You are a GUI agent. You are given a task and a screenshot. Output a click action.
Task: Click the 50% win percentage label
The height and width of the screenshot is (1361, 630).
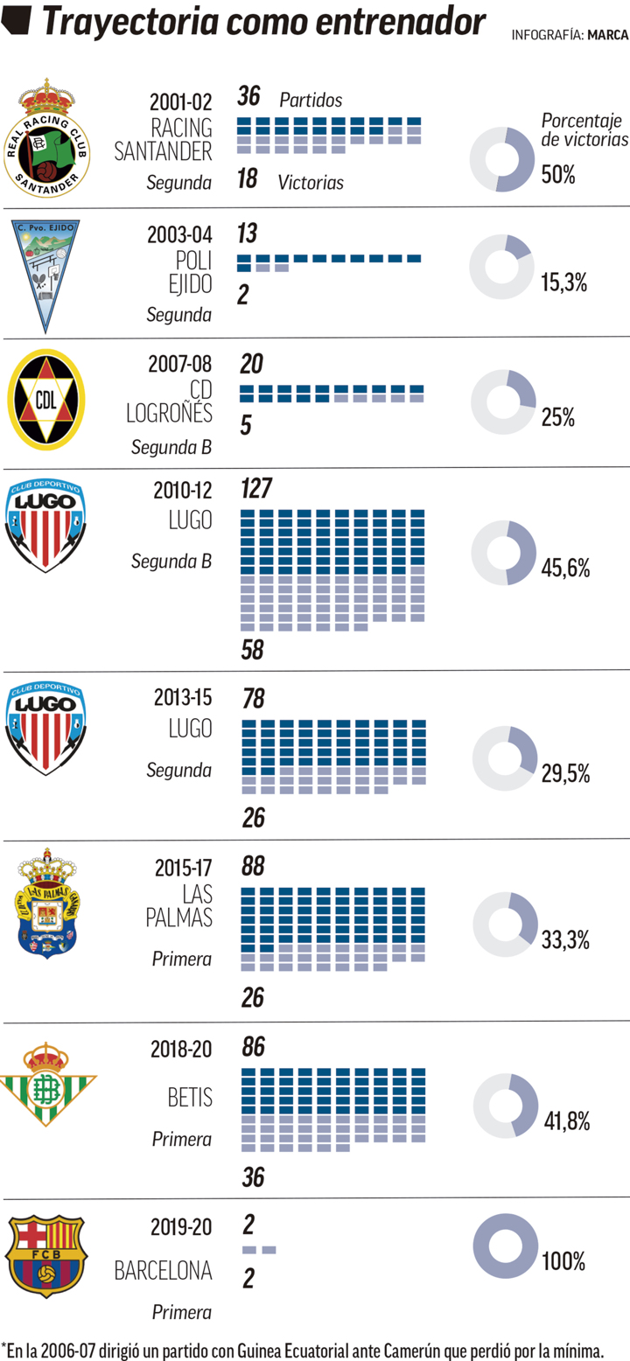tap(558, 174)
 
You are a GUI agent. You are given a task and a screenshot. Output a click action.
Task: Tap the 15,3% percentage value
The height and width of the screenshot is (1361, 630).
tap(563, 282)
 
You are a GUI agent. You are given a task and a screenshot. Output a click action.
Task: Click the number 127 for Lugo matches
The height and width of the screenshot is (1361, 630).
tap(256, 488)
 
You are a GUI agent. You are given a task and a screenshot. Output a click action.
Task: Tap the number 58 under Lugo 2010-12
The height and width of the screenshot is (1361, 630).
tap(252, 650)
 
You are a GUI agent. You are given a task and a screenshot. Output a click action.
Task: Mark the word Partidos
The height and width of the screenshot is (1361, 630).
tap(311, 101)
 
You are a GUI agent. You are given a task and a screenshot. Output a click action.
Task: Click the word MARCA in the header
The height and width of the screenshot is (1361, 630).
tap(608, 36)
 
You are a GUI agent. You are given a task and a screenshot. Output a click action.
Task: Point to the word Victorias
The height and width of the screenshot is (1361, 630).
tap(311, 183)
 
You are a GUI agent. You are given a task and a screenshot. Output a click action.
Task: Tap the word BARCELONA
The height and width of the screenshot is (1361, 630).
tap(164, 1271)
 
